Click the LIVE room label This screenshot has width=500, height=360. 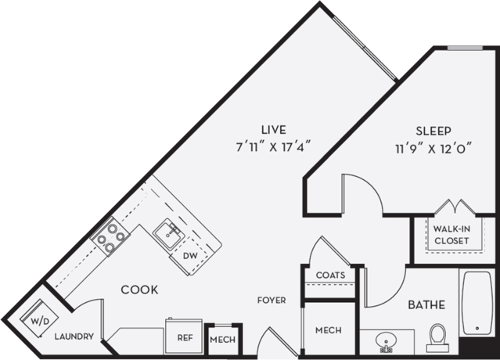[274, 128]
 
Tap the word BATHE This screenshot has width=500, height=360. [426, 304]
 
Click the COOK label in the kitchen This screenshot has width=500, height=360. [140, 290]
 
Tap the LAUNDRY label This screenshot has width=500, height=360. [74, 337]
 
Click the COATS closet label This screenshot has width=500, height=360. [331, 275]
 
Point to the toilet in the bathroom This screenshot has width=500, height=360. [437, 338]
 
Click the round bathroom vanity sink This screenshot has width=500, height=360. [384, 341]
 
